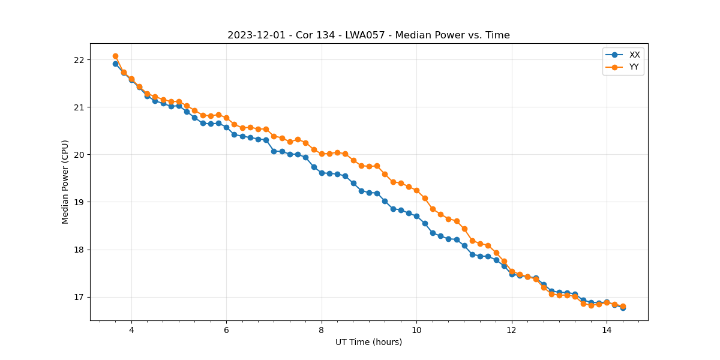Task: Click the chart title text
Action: tap(368, 35)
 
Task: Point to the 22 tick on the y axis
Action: tap(79, 60)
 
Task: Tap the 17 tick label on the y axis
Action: tap(79, 298)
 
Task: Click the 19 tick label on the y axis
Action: tap(79, 202)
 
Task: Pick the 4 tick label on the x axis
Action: tap(131, 330)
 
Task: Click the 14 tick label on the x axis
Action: tap(607, 330)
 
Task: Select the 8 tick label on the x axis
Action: tap(322, 330)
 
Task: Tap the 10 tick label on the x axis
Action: tap(416, 330)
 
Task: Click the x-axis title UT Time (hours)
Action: tap(368, 342)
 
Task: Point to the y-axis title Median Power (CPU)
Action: tap(65, 182)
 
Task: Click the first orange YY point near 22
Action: tap(115, 56)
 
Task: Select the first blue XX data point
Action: tap(115, 64)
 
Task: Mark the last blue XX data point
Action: tap(623, 308)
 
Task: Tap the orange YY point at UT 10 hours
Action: tap(416, 190)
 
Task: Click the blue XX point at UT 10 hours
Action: tap(416, 216)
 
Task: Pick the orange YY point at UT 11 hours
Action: tap(464, 229)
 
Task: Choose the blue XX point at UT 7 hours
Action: tap(274, 151)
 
